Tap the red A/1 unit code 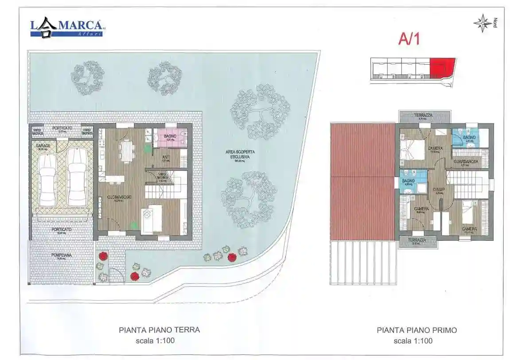(x=409, y=39)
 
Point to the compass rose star (x=482, y=23)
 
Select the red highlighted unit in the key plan (x=442, y=68)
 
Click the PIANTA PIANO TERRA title (x=159, y=330)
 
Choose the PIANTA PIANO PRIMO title (x=417, y=330)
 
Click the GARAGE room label (x=43, y=145)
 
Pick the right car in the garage (x=77, y=177)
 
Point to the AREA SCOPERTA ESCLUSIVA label (x=240, y=154)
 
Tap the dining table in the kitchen (x=127, y=151)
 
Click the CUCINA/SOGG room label (x=117, y=198)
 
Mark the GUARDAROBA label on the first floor (x=465, y=162)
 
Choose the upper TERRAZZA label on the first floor (x=423, y=116)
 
